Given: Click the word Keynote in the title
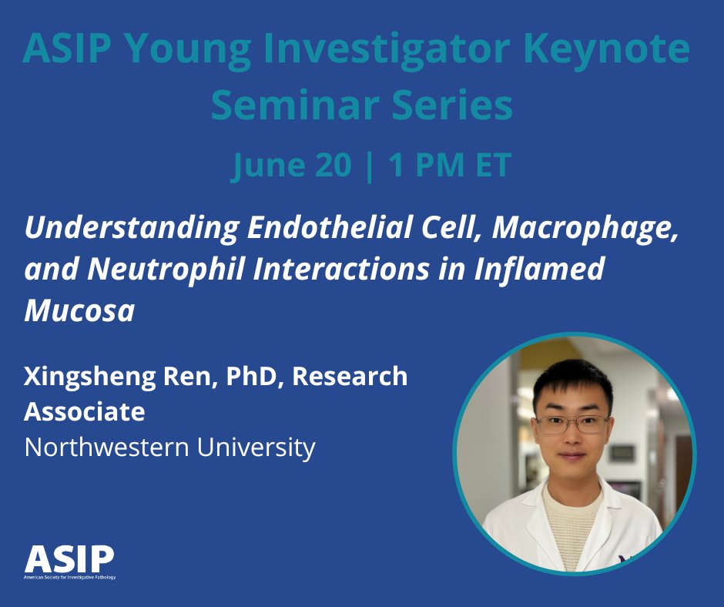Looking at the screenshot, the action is [x=606, y=50].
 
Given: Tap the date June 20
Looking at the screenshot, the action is [x=291, y=166].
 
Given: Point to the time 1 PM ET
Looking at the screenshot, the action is [x=450, y=164].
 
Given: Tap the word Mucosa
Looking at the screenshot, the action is [x=79, y=310].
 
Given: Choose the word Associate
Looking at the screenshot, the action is [x=85, y=411].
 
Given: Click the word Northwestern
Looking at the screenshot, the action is [x=106, y=447].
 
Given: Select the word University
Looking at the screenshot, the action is [x=256, y=448].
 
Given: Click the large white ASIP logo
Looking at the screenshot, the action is [x=69, y=558].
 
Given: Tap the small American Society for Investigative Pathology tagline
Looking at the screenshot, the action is [x=70, y=578].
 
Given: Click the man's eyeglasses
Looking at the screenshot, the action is [x=571, y=424].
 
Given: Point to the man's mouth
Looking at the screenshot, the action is [x=571, y=456].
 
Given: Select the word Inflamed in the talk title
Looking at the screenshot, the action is [x=539, y=269].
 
